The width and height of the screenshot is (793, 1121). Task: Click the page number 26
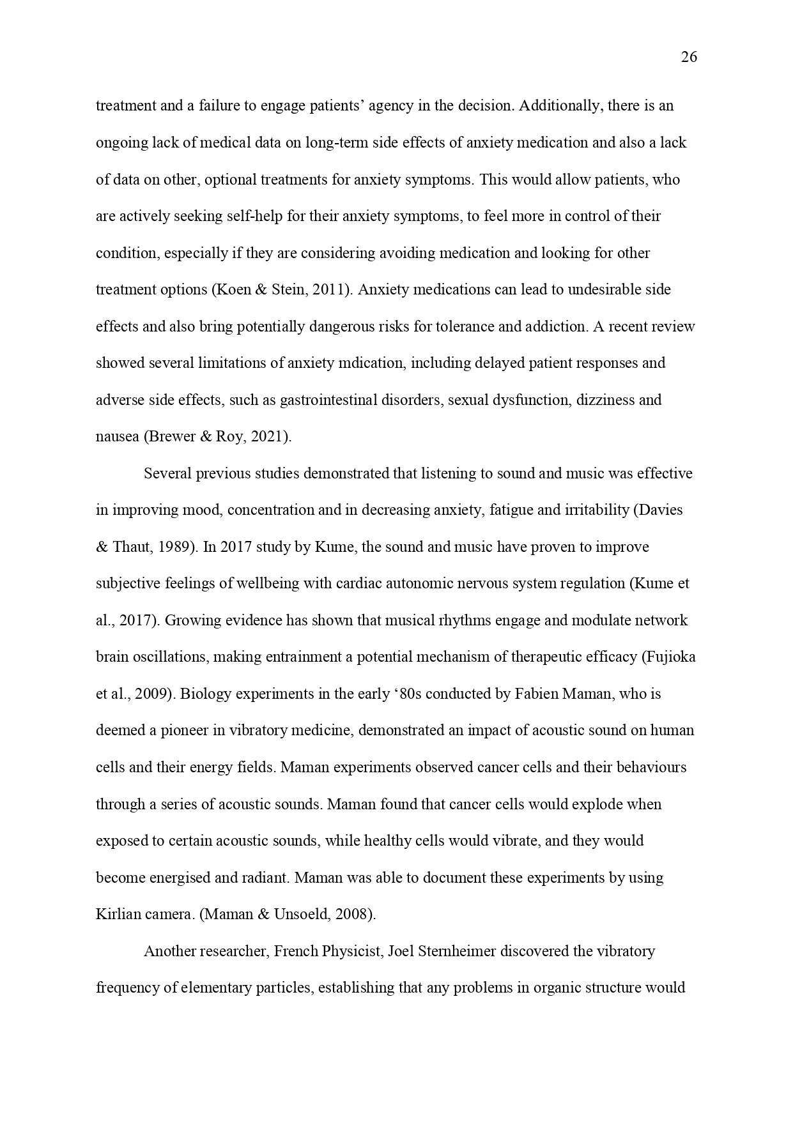[689, 57]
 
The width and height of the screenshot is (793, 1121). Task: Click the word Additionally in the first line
[560, 105]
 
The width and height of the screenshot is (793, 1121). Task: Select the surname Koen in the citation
[235, 289]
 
